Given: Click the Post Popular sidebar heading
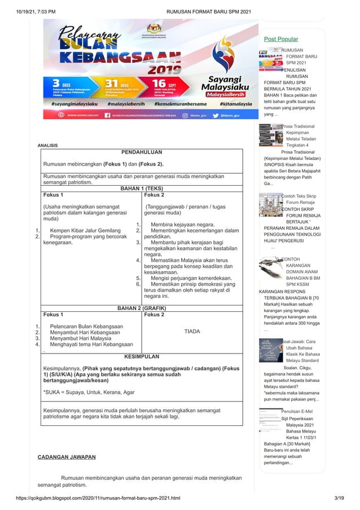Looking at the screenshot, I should [x=281, y=39].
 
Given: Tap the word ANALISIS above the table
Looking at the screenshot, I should [x=47, y=146].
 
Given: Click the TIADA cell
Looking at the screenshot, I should [x=192, y=332].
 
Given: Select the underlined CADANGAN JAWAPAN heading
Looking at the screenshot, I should [x=66, y=456].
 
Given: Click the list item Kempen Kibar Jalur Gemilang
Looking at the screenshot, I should [x=85, y=230].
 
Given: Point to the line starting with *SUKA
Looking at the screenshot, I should [x=89, y=391].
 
